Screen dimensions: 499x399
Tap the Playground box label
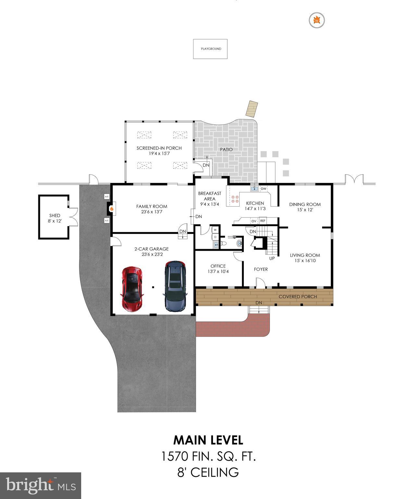coord(211,49)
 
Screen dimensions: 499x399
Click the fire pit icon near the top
coord(317,20)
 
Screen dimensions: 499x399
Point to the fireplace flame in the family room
coord(111,209)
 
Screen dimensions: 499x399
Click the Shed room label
coord(55,215)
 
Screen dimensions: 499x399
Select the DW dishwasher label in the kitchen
coord(264,189)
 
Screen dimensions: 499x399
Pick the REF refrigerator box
coord(263,221)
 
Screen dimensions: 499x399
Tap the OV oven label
coord(254,221)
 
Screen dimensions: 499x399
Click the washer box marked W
coord(215,230)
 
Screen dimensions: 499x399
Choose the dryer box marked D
coord(215,237)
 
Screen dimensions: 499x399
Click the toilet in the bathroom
coord(223,243)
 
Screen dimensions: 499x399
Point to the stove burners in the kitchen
coord(235,199)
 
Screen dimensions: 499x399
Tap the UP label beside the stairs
coord(272,259)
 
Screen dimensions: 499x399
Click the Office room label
coord(218,266)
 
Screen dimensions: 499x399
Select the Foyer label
coord(261,269)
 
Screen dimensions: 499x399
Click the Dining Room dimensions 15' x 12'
coord(305,210)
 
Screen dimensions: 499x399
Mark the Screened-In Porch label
coord(159,148)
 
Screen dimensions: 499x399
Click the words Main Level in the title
coord(208,440)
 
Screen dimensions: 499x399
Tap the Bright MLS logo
coord(41,485)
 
